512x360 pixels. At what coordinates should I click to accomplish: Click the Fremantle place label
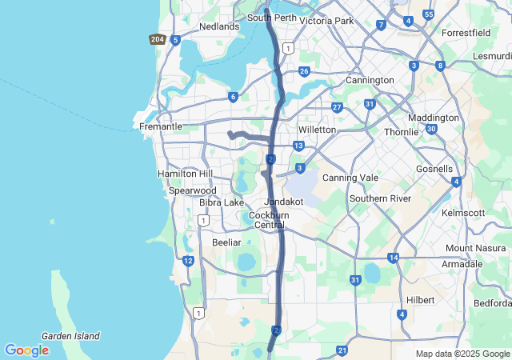tap(161, 126)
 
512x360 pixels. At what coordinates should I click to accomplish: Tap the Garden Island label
tap(70, 336)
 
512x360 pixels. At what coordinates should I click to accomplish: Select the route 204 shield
tap(157, 39)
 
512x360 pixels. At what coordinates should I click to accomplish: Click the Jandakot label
tap(284, 202)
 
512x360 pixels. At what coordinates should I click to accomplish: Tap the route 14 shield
tap(393, 258)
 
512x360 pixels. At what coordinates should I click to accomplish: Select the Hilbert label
tap(420, 300)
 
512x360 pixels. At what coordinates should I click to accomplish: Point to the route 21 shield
tap(342, 350)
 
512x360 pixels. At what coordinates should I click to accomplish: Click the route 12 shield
tap(188, 261)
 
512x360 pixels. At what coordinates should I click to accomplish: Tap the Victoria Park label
tap(326, 21)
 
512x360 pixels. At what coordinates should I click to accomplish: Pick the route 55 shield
tap(429, 14)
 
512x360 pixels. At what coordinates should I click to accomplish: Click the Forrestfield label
tap(470, 34)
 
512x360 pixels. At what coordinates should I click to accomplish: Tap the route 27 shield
tap(337, 107)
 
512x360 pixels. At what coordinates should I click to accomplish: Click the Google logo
tap(26, 350)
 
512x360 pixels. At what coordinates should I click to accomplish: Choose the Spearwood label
tap(192, 190)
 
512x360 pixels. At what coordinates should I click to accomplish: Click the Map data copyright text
tap(462, 354)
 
